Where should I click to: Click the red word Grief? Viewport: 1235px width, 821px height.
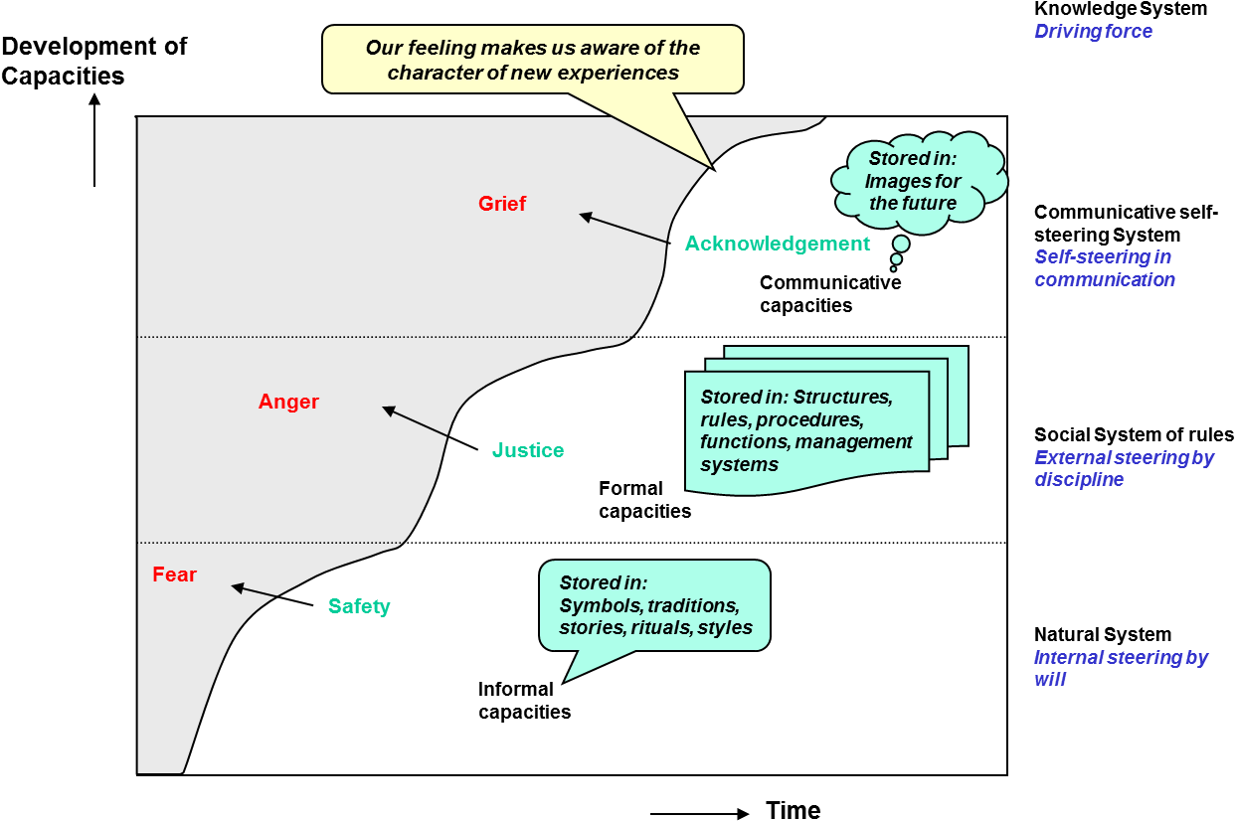pyautogui.click(x=502, y=204)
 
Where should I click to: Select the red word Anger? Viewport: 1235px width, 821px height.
pyautogui.click(x=288, y=402)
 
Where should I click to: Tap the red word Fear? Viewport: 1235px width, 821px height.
pyautogui.click(x=174, y=575)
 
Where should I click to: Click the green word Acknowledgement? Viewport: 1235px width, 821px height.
pyautogui.click(x=777, y=244)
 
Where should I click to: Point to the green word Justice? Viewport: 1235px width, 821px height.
pyautogui.click(x=528, y=450)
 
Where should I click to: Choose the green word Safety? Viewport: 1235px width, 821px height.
pyautogui.click(x=359, y=606)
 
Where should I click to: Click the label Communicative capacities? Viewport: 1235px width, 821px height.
pyautogui.click(x=829, y=294)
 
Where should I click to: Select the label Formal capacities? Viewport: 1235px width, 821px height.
pyautogui.click(x=644, y=500)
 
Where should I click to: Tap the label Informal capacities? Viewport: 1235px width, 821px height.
pyautogui.click(x=524, y=701)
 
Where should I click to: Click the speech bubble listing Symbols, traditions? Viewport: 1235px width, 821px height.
pyautogui.click(x=654, y=605)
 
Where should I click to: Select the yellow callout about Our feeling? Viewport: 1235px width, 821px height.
pyautogui.click(x=533, y=60)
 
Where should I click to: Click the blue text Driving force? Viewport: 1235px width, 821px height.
pyautogui.click(x=1093, y=31)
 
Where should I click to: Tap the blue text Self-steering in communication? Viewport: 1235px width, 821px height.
pyautogui.click(x=1104, y=268)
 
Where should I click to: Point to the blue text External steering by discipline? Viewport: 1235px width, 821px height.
pyautogui.click(x=1124, y=469)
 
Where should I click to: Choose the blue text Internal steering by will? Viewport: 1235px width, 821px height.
pyautogui.click(x=1120, y=668)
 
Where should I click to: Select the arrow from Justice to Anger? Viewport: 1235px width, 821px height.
pyautogui.click(x=430, y=427)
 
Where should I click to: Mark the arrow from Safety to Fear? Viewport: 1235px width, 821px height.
pyautogui.click(x=272, y=595)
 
